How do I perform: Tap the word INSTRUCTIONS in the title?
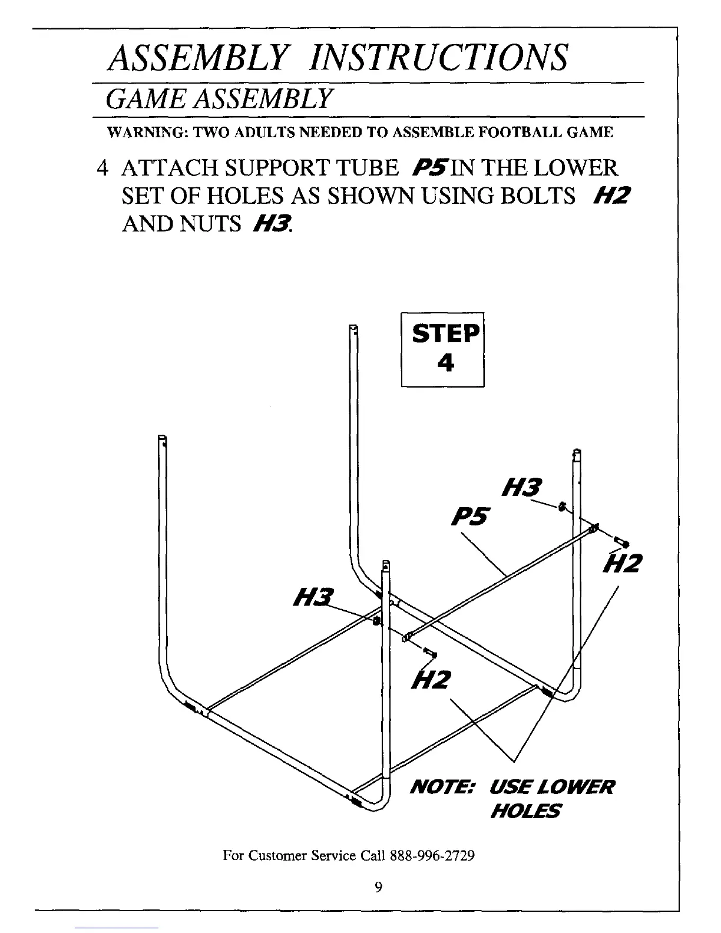tap(441, 57)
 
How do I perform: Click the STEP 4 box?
tap(443, 349)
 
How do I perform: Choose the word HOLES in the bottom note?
tap(525, 812)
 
